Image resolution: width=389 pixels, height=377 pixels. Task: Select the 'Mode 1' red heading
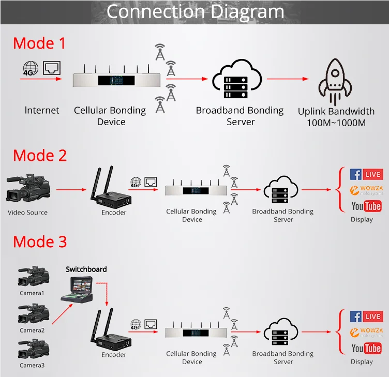(x=39, y=43)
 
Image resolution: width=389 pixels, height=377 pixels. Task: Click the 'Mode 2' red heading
(x=40, y=155)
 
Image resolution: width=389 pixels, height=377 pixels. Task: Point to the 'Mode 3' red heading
(x=40, y=242)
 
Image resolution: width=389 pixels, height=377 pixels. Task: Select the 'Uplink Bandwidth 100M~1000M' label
(x=336, y=117)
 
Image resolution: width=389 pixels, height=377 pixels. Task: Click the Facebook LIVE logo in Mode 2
(x=366, y=174)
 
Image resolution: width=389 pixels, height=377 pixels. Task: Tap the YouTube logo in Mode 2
(x=366, y=206)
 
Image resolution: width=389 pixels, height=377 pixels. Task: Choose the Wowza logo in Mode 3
(x=366, y=333)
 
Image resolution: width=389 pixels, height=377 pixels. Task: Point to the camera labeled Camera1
(x=33, y=277)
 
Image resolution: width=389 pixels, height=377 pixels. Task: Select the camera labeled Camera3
(x=33, y=349)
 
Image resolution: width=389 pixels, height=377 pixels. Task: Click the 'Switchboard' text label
(x=86, y=269)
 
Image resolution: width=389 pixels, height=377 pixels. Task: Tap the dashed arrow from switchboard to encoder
(x=106, y=292)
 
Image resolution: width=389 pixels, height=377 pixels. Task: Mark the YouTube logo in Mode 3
(x=366, y=349)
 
